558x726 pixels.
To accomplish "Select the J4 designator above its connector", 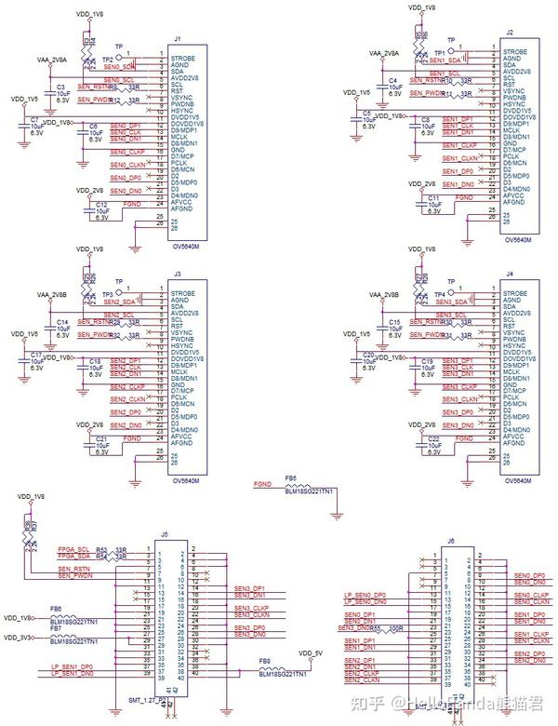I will point(509,275).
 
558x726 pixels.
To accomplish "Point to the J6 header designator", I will point(451,541).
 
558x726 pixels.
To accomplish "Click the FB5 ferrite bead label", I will point(290,477).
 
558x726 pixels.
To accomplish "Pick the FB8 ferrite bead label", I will point(264,662).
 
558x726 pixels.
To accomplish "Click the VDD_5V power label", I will point(312,652).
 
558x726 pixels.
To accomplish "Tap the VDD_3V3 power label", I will point(18,638).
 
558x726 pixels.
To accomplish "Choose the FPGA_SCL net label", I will point(74,548).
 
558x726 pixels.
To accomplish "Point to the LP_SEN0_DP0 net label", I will point(364,594).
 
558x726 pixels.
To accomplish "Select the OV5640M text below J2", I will point(517,239).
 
